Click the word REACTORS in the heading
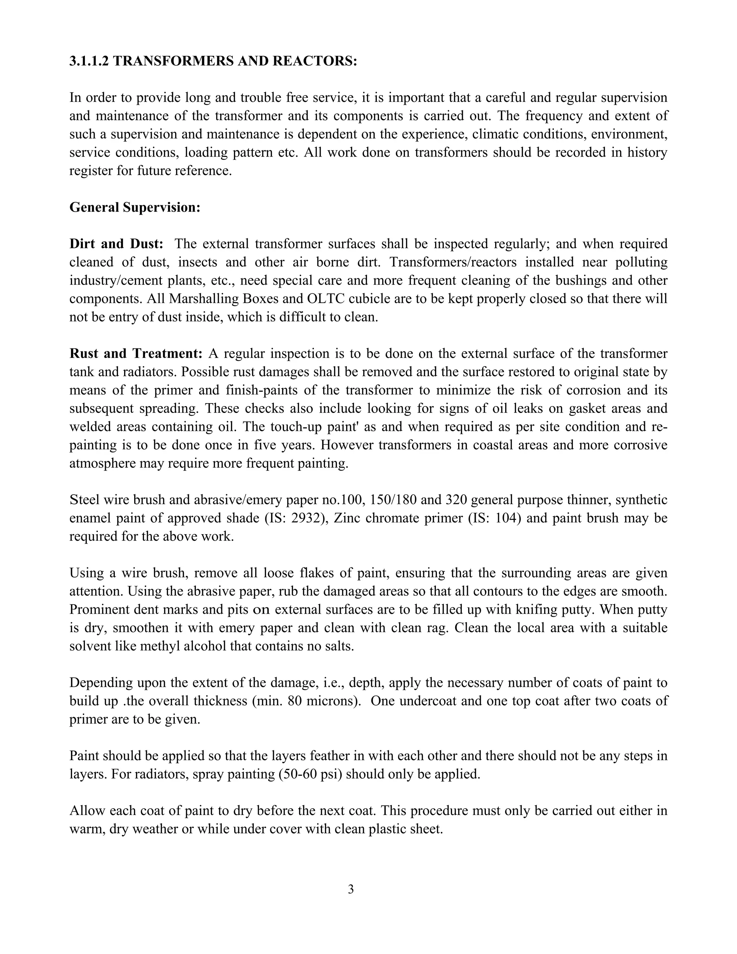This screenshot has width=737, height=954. click(x=315, y=61)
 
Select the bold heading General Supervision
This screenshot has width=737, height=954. click(x=135, y=207)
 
